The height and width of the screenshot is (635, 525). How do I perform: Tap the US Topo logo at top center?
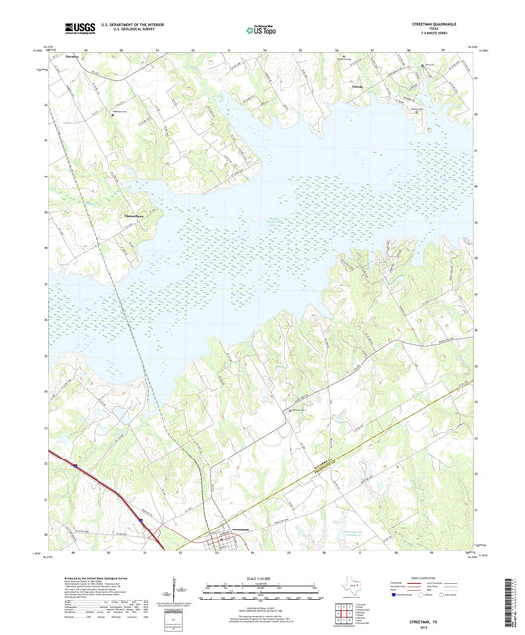click(261, 30)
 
